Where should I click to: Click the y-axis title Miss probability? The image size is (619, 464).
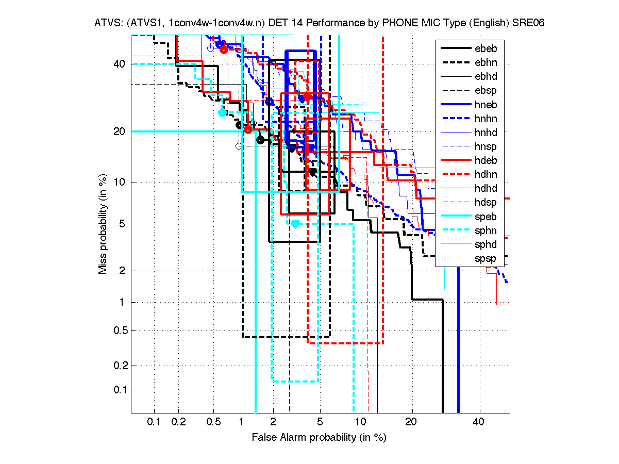click(103, 224)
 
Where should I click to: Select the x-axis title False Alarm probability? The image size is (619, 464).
click(319, 438)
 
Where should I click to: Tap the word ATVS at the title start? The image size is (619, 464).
click(107, 23)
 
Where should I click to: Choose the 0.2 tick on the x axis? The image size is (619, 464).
click(179, 422)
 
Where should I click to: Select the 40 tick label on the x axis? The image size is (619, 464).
click(479, 422)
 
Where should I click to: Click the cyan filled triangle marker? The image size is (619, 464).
click(295, 224)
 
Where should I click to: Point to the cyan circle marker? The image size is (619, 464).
click(223, 112)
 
